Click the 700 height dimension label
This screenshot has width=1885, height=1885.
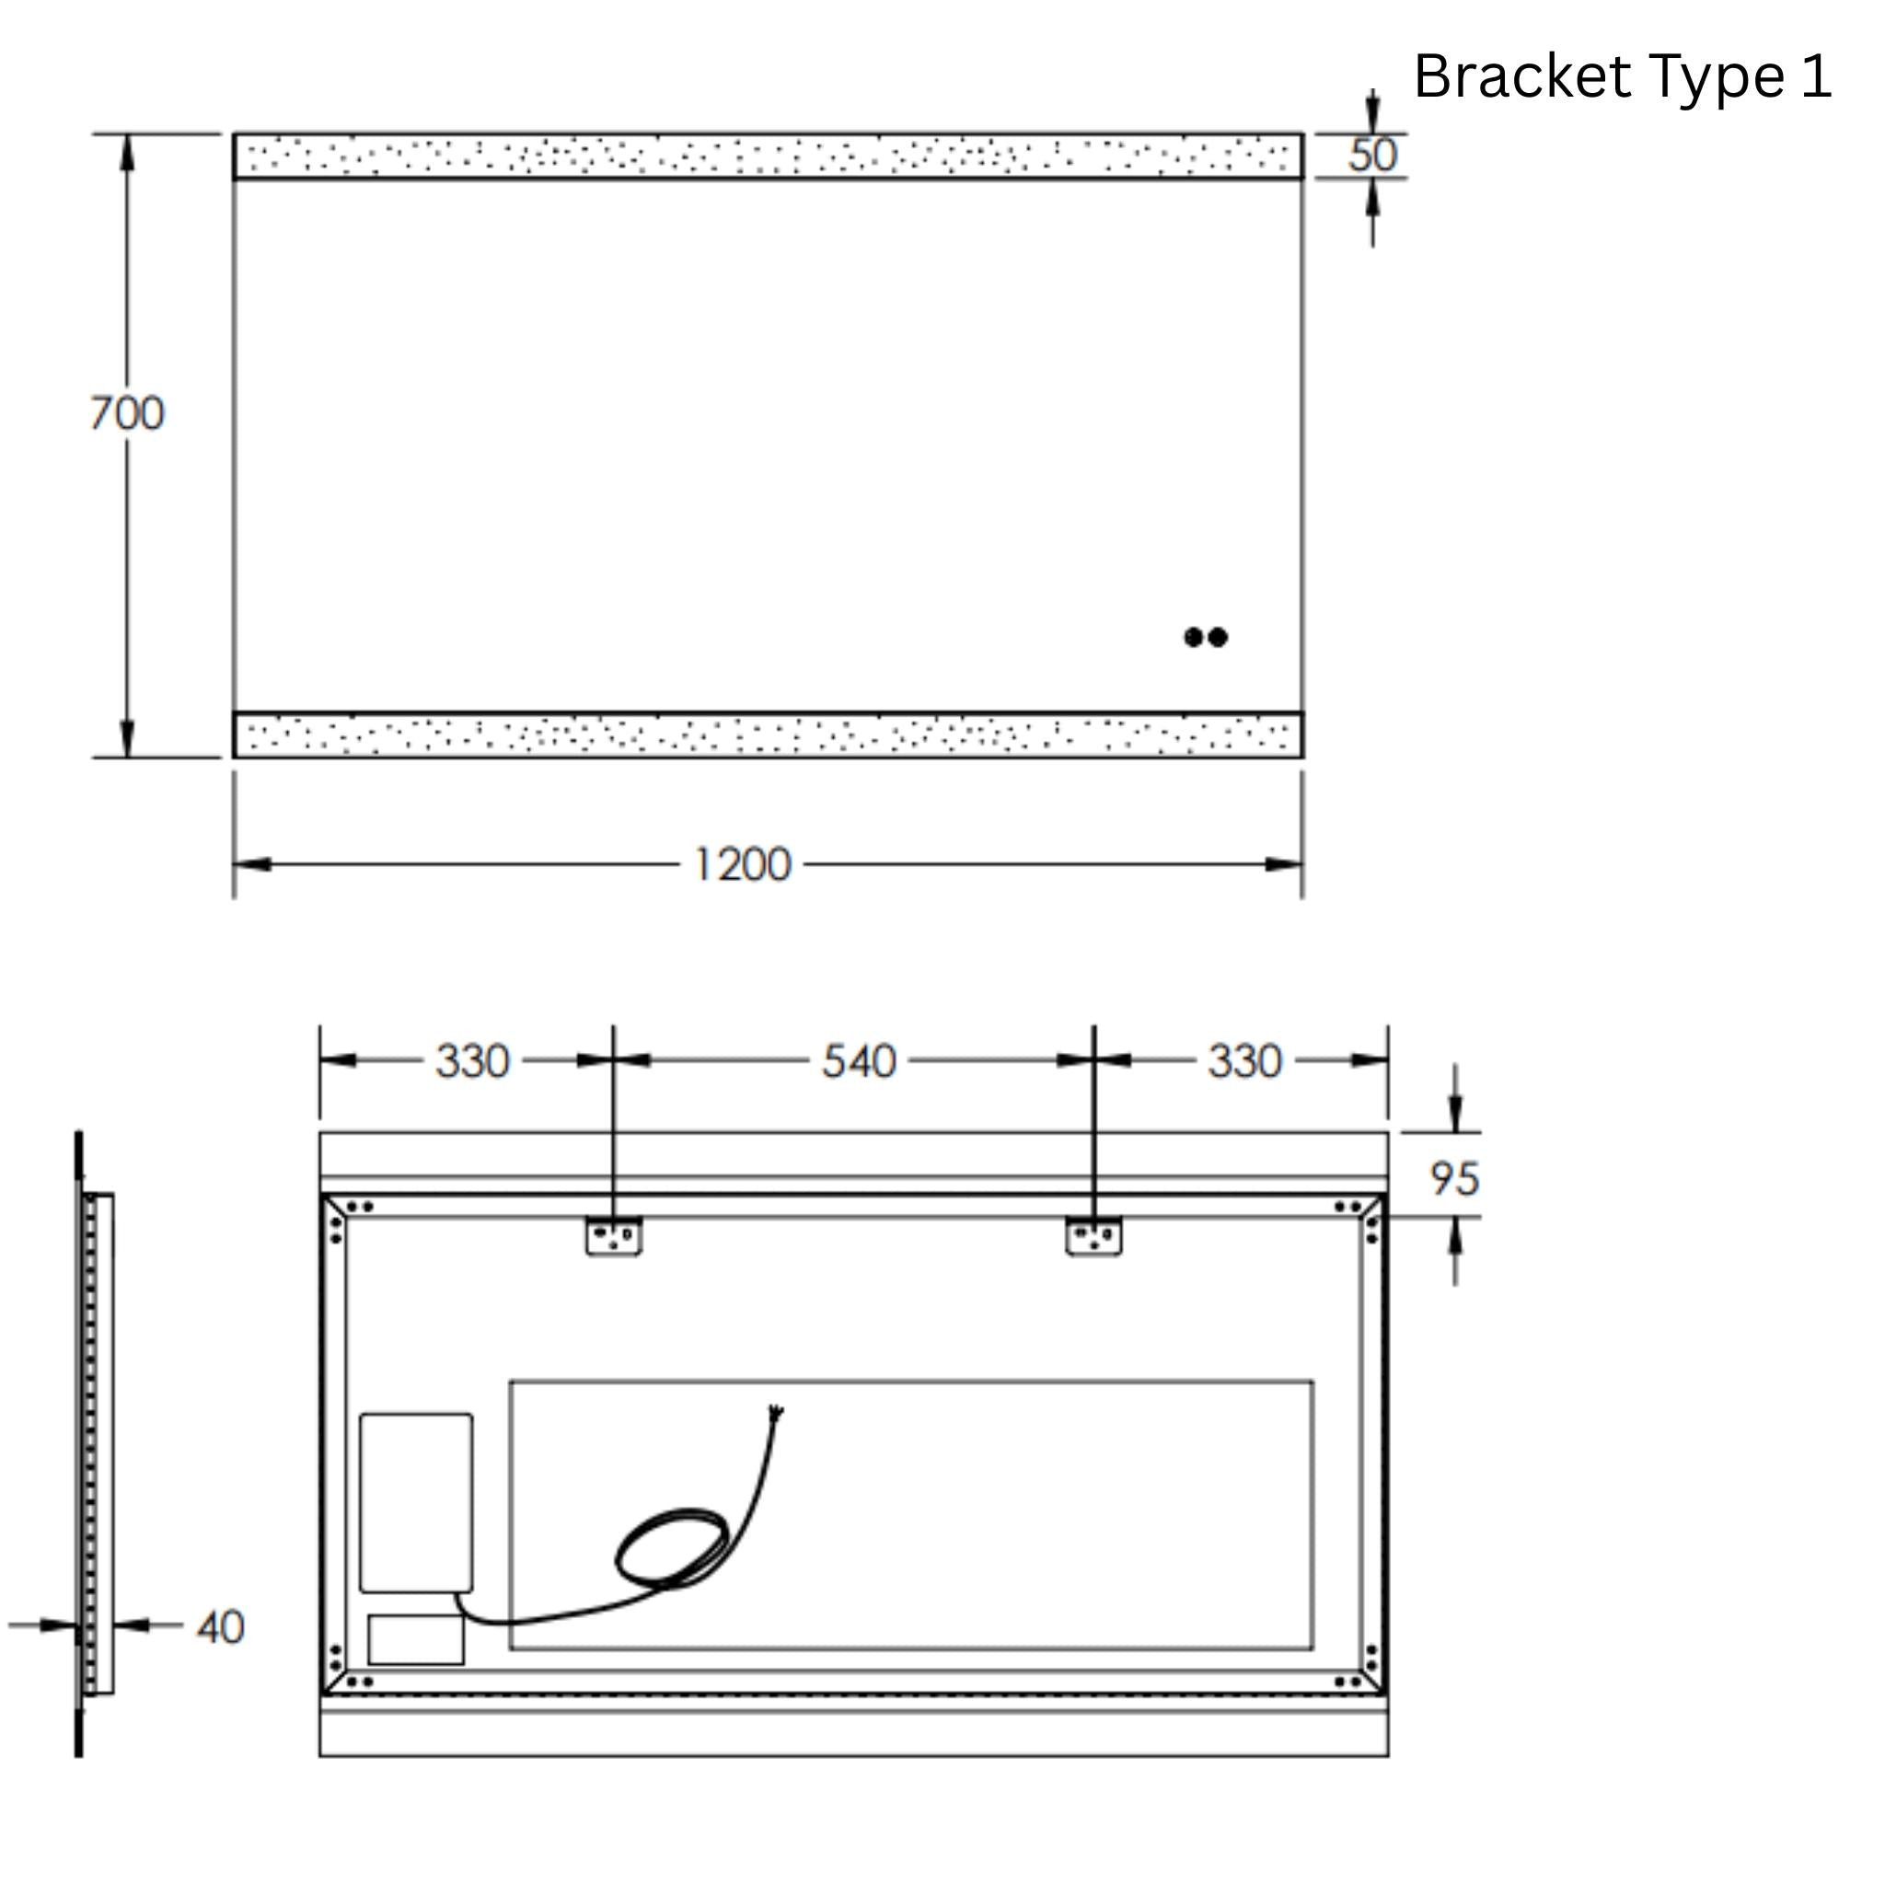[127, 413]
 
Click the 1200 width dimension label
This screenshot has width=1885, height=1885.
[742, 865]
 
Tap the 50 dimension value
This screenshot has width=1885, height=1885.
[1371, 156]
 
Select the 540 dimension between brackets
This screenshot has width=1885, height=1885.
[858, 1061]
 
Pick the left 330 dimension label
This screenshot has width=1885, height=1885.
[472, 1061]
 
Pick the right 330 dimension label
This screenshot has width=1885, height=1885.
[1244, 1061]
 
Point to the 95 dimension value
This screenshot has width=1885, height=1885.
[1453, 1179]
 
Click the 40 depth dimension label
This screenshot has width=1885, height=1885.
[221, 1627]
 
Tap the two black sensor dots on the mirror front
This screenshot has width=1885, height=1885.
[1205, 637]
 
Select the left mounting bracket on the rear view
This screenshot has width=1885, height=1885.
[614, 1236]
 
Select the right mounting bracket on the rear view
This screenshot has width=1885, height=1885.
[1093, 1236]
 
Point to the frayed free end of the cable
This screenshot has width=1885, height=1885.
[777, 1411]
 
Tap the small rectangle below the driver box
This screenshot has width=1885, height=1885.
[417, 1640]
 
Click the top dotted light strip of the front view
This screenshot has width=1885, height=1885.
[768, 156]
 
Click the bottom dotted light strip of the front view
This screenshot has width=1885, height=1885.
[768, 734]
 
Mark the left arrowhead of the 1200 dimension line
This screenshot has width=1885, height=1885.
[249, 864]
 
